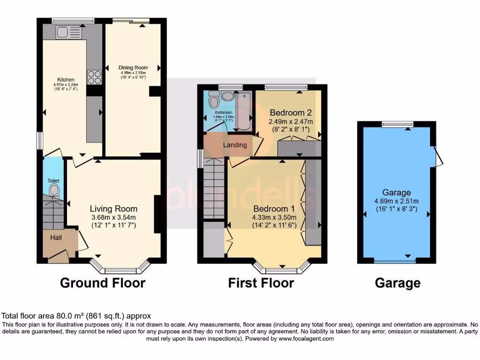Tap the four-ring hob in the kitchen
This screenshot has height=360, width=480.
[94, 76]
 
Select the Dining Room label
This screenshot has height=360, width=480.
[133, 67]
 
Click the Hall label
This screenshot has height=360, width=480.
[56, 238]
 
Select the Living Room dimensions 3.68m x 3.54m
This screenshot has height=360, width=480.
[113, 217]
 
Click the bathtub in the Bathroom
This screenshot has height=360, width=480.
[244, 111]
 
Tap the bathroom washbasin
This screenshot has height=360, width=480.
[228, 96]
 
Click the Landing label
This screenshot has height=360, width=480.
[235, 145]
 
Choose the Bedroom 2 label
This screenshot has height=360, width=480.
[291, 113]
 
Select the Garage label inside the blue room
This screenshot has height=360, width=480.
[397, 193]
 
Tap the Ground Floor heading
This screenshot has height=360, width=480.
[103, 283]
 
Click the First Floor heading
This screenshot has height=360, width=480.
[261, 283]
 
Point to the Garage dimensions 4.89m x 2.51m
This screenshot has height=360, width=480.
[397, 201]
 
